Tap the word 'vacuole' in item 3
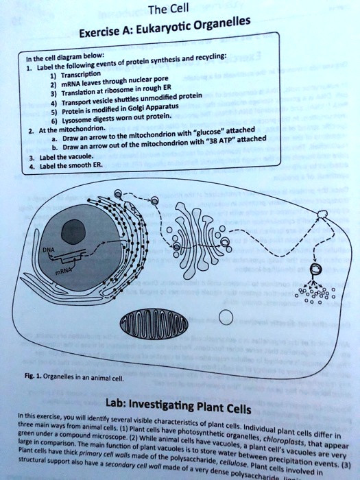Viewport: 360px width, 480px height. coord(71,156)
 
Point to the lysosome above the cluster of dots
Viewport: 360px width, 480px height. coord(315,268)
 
